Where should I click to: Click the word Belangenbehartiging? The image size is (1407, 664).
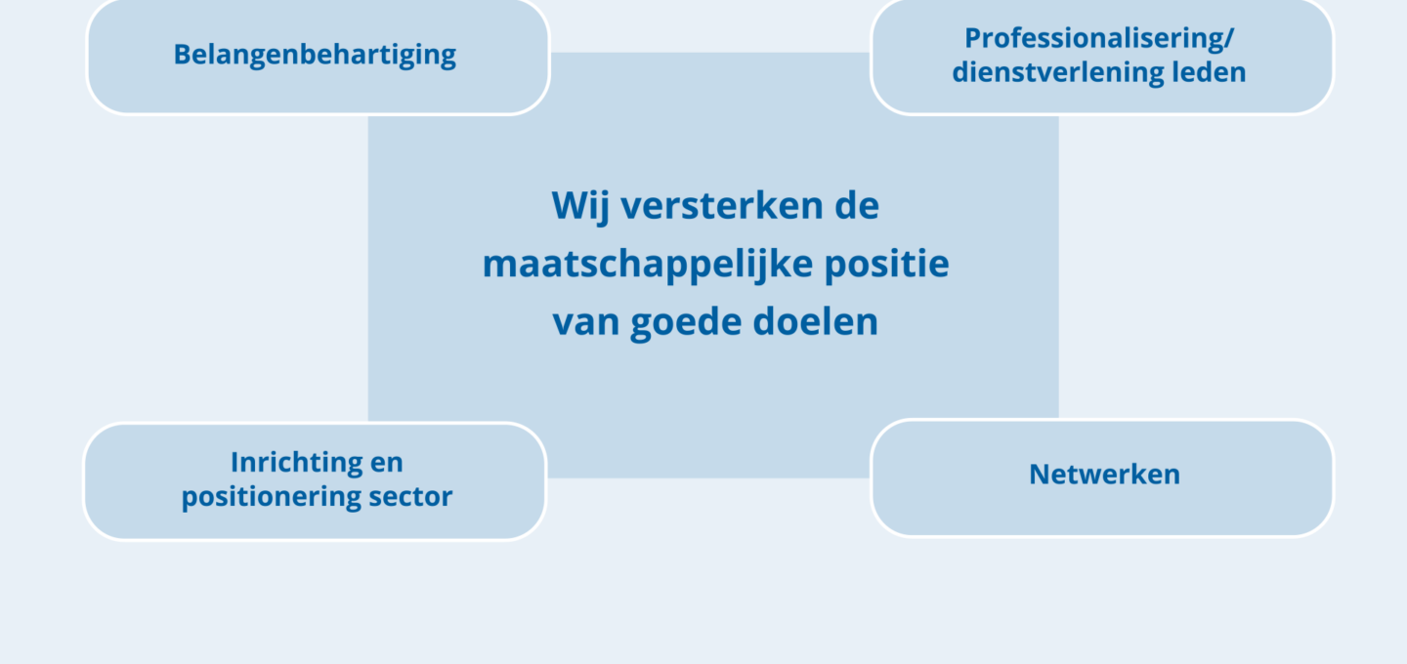315,56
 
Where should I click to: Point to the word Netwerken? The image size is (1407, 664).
1104,474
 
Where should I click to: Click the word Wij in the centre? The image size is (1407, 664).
579,206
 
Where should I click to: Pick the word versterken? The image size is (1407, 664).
722,205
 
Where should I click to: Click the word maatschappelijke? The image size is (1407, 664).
648,265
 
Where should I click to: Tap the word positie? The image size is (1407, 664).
886,265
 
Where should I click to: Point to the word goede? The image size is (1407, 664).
685,322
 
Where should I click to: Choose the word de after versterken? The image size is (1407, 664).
857,205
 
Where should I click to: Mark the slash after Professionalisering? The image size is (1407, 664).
1227,39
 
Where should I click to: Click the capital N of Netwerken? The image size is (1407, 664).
1040,474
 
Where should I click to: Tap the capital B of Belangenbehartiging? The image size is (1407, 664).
182,55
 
